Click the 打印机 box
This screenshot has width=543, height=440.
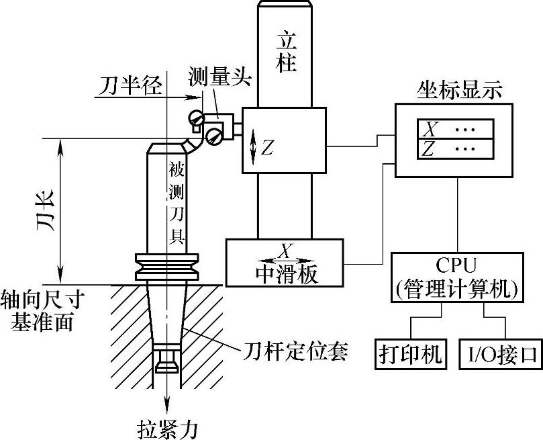pos(409,354)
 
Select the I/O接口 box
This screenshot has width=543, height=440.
pos(500,354)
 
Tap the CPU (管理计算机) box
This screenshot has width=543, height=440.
pos(456,276)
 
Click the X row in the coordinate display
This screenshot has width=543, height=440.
pos(456,129)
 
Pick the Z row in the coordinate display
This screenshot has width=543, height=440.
pos(456,149)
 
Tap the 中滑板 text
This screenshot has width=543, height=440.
pos(286,273)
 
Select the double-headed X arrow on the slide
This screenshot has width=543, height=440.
pos(286,259)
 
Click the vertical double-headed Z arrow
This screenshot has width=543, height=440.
pos(252,148)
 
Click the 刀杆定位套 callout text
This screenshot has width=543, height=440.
pos(295,351)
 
